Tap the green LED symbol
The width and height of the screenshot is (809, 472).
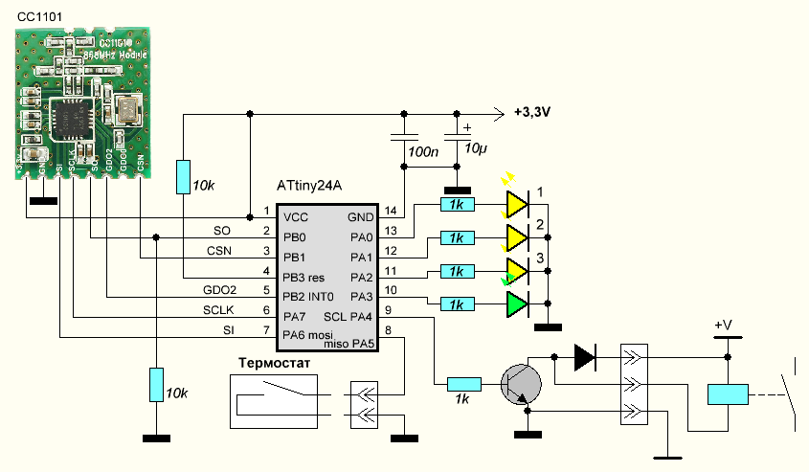click(517, 303)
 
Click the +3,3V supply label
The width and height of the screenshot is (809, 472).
click(537, 112)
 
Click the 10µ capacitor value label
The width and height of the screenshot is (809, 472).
click(475, 151)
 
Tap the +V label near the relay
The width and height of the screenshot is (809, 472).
click(723, 326)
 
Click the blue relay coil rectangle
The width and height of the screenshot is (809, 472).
click(727, 393)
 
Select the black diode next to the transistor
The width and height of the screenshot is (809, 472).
click(584, 358)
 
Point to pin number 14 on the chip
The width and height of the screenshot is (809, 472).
click(390, 211)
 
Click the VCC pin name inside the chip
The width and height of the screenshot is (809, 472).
click(296, 217)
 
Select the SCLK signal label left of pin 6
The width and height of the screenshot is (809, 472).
click(217, 311)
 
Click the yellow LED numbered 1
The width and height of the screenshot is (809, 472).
click(517, 203)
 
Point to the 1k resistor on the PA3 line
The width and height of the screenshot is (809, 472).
click(455, 303)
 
